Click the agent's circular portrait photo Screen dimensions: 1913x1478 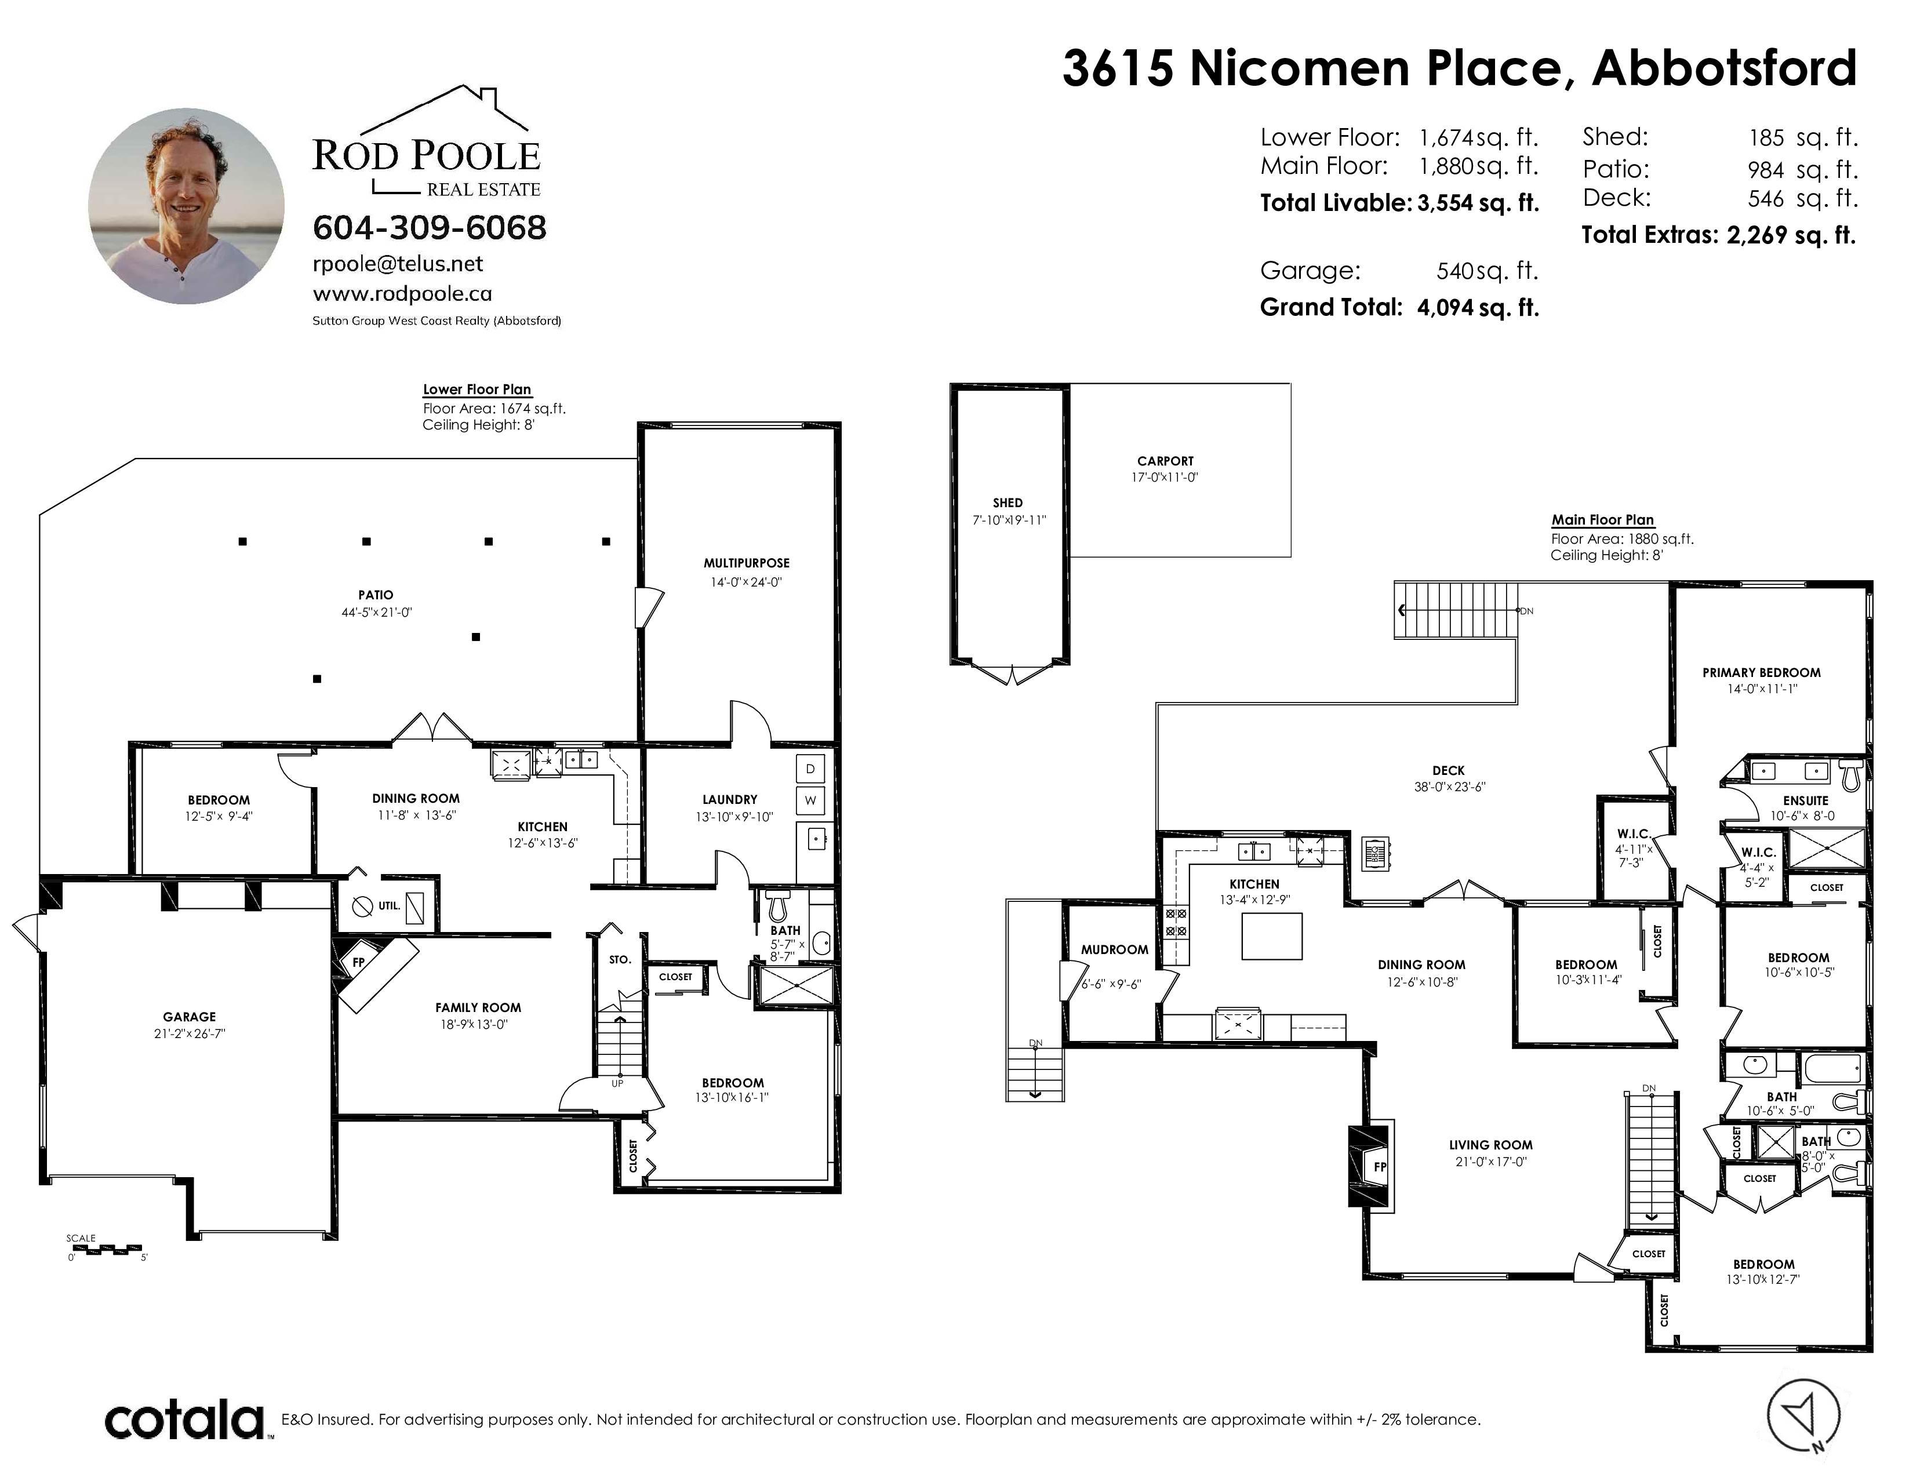click(x=186, y=206)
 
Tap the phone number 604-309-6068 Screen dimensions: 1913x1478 click(x=429, y=228)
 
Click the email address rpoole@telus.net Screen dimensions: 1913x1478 click(x=398, y=264)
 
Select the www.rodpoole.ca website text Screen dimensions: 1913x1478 click(x=402, y=294)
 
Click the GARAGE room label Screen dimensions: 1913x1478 click(x=189, y=1017)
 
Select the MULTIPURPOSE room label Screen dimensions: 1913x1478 click(x=746, y=563)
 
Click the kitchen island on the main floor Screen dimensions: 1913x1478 click(x=1272, y=936)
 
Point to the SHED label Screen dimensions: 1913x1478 click(x=1008, y=503)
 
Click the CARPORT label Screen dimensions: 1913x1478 click(x=1165, y=461)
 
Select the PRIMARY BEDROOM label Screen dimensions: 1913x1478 click(x=1762, y=672)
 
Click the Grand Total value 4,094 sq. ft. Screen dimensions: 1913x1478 click(x=1478, y=307)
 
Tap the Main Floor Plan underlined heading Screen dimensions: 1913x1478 click(x=1603, y=519)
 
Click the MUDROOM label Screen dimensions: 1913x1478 click(x=1114, y=949)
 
